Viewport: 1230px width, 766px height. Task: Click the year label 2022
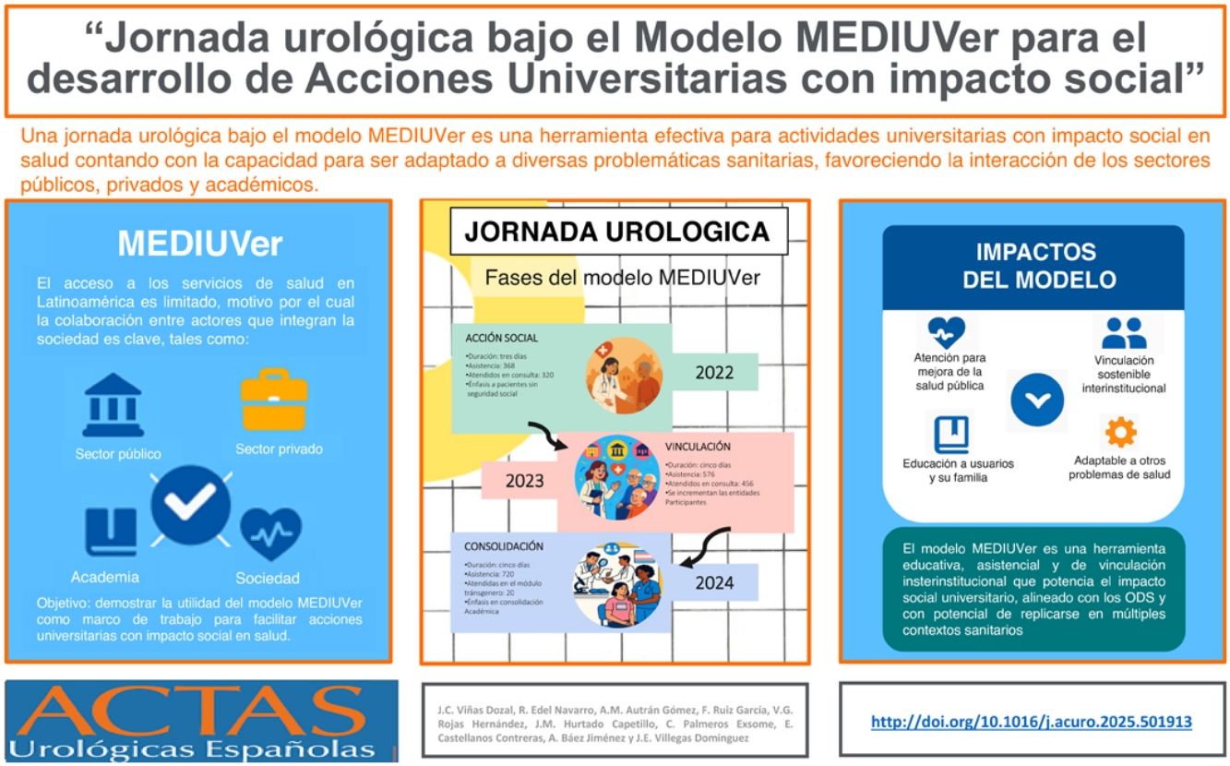pos(715,373)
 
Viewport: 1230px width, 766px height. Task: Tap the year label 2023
pos(525,481)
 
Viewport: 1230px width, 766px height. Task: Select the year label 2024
pos(714,582)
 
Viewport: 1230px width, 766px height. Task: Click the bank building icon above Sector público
pos(113,406)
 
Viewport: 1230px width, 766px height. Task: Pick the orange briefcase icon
pos(273,400)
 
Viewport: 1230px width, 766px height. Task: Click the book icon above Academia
pos(112,532)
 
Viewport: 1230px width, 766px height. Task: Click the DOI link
pos(1032,722)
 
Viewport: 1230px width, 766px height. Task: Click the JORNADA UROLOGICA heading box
pos(618,232)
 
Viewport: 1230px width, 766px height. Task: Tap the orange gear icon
pos(1121,431)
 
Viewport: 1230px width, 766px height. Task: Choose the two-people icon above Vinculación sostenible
pos(1124,332)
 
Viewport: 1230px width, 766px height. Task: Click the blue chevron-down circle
pos(1037,399)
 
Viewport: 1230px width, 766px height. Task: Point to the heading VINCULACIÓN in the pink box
pos(698,446)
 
